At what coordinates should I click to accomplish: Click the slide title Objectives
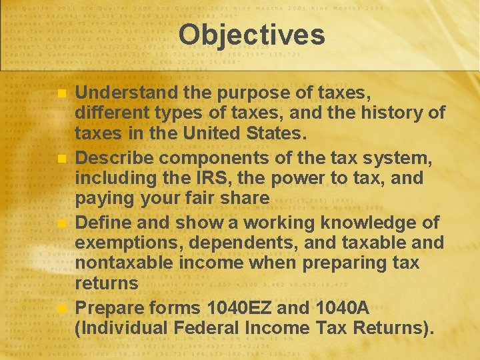click(x=251, y=35)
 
